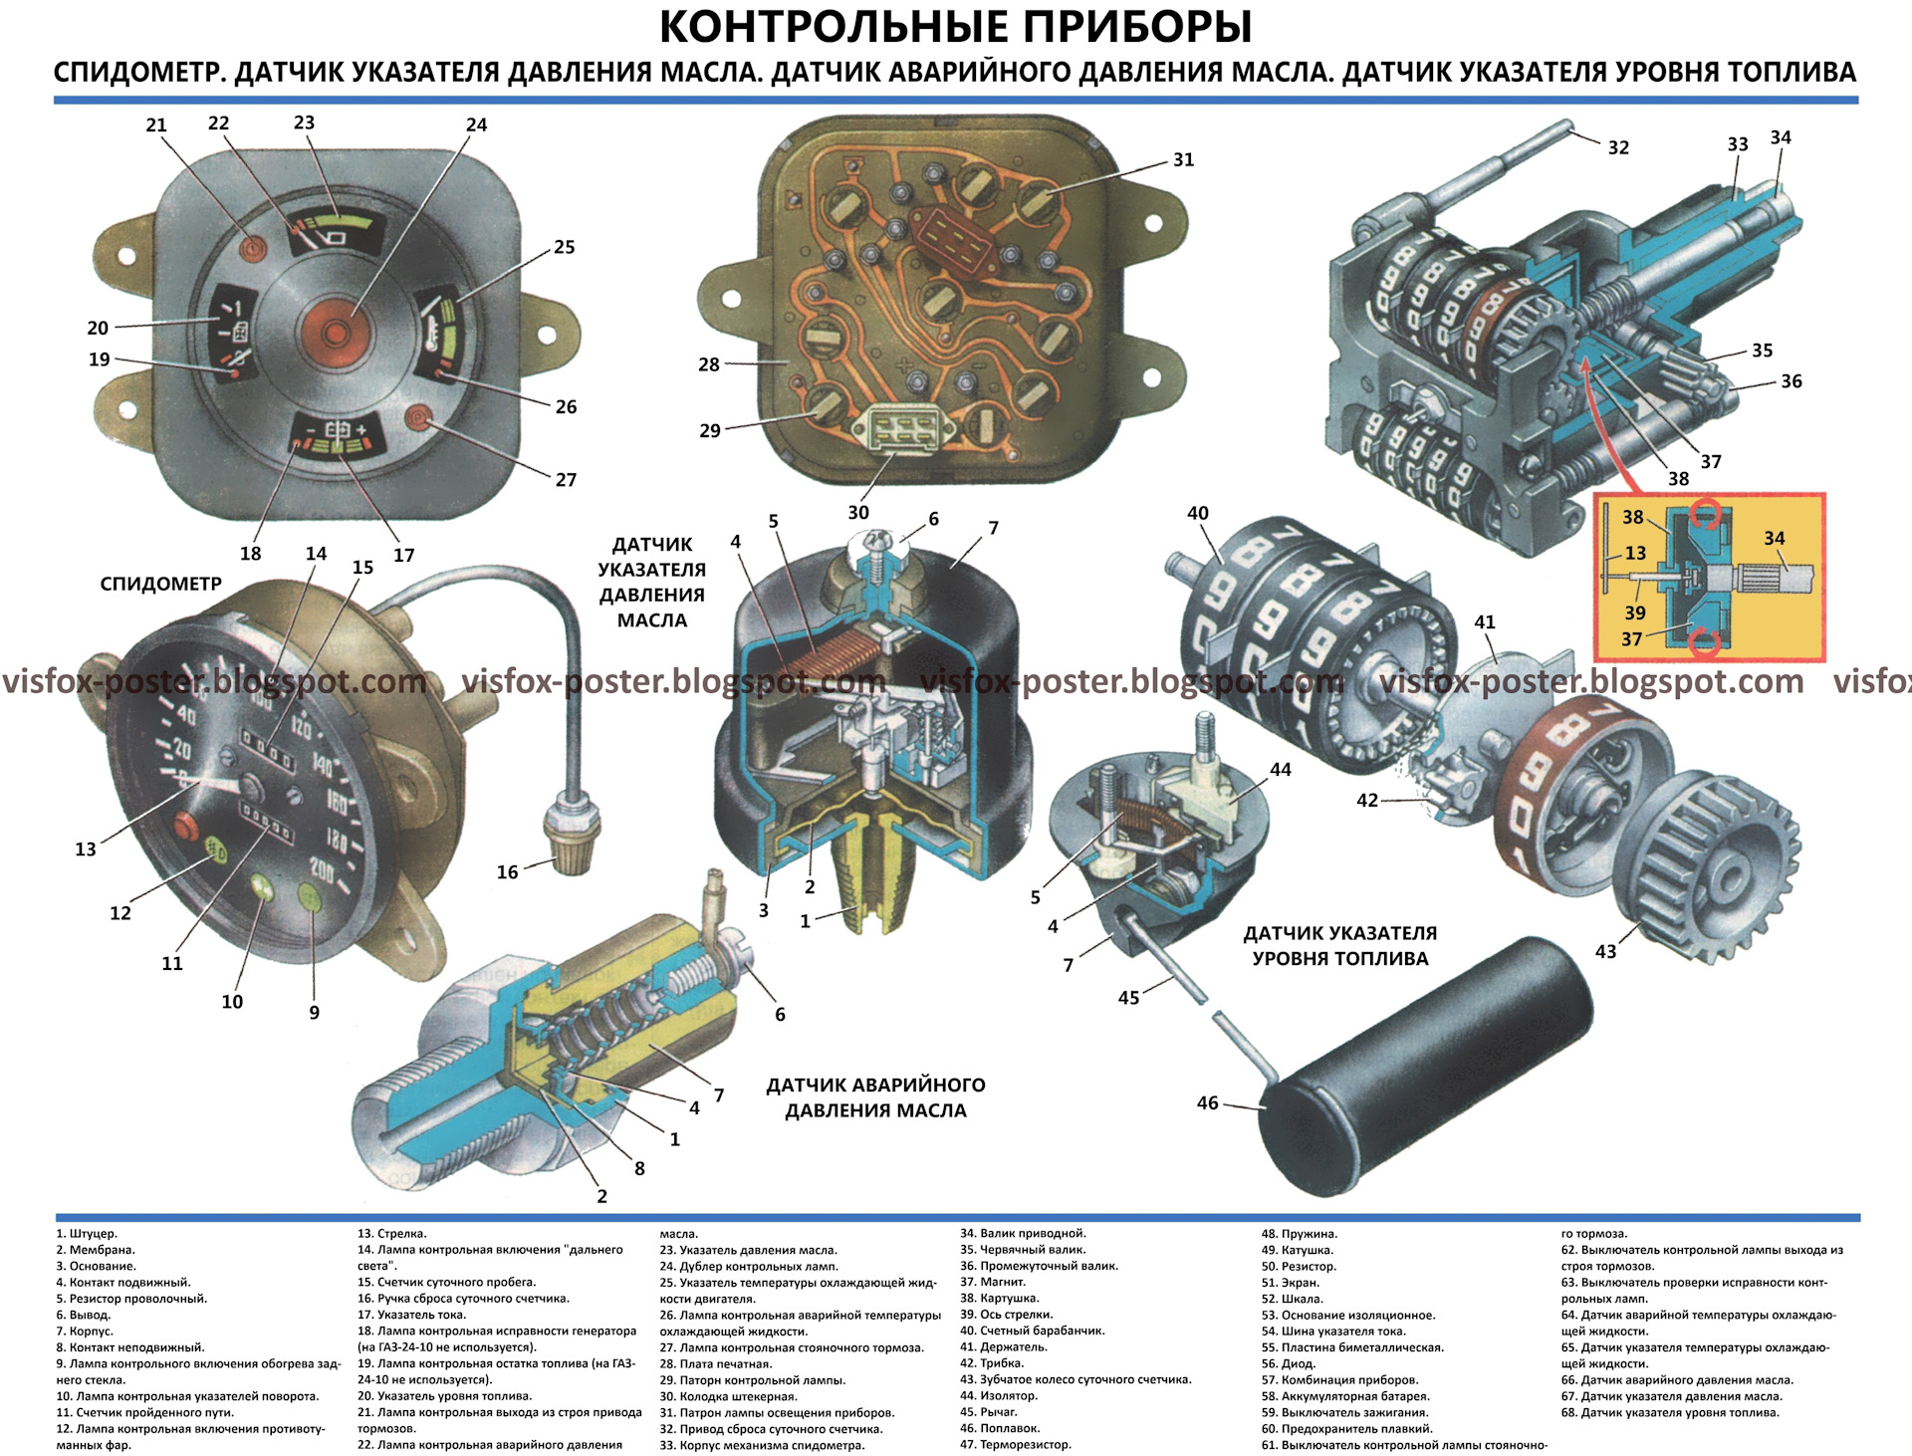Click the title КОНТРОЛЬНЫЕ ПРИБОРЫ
[x=955, y=28]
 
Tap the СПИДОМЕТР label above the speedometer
[x=160, y=584]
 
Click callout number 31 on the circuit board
[x=1183, y=159]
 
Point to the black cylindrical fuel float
[x=1424, y=1066]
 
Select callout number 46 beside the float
[x=1207, y=1103]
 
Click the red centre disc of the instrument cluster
[x=336, y=332]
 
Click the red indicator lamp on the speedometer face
[x=186, y=826]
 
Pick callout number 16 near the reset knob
[x=507, y=872]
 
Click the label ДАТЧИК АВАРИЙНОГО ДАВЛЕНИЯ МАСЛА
[x=875, y=1097]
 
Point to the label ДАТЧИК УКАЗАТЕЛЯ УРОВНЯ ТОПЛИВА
[x=1339, y=946]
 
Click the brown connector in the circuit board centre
[x=953, y=239]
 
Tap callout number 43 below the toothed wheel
[x=1605, y=951]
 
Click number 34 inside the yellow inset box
[x=1774, y=539]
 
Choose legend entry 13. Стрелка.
[x=392, y=1234]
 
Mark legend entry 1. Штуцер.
[x=87, y=1234]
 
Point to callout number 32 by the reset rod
[x=1618, y=147]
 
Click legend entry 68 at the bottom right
[x=1670, y=1412]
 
